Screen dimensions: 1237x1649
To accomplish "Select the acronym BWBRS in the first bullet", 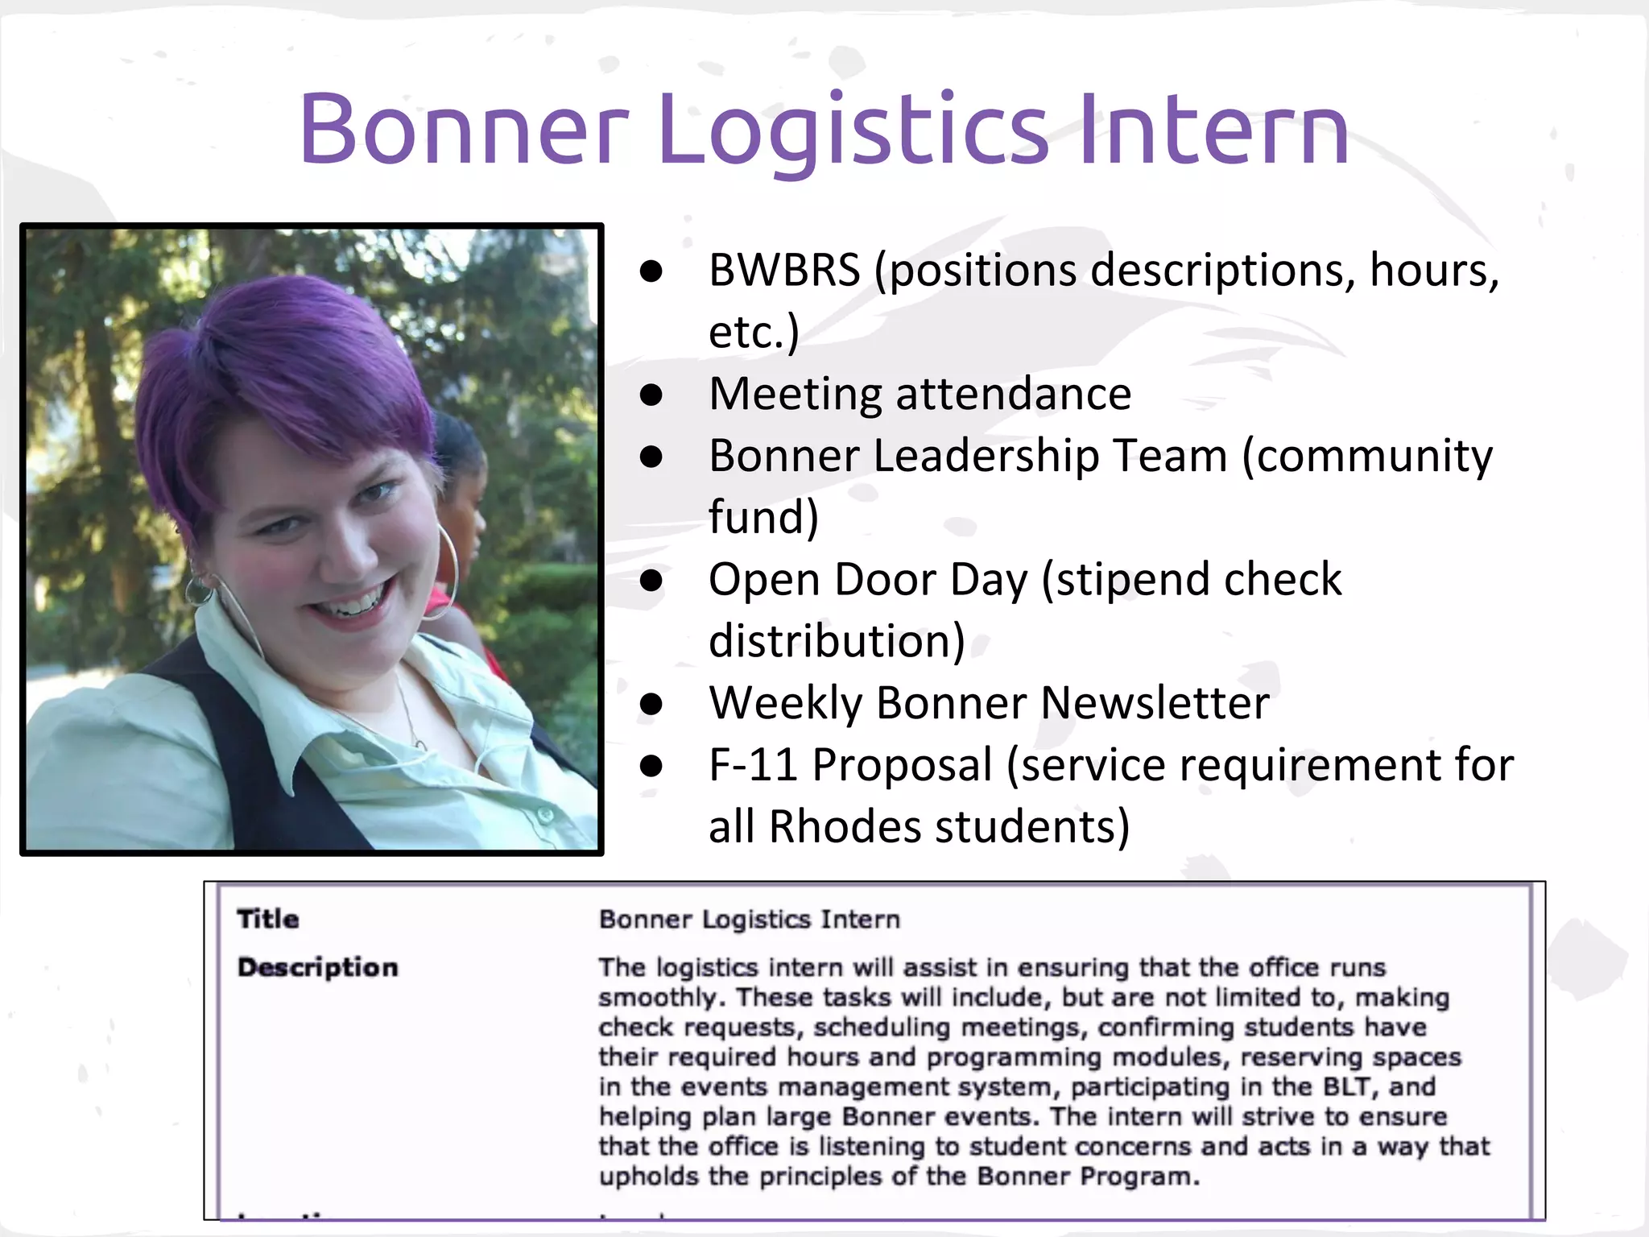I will point(784,270).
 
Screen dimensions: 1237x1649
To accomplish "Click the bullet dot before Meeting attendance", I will point(651,395).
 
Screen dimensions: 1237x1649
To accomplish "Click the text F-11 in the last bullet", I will point(753,765).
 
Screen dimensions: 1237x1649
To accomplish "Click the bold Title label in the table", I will point(268,919).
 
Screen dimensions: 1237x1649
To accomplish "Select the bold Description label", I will point(317,967).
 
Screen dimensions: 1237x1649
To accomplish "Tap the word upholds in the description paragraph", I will point(648,1177).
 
